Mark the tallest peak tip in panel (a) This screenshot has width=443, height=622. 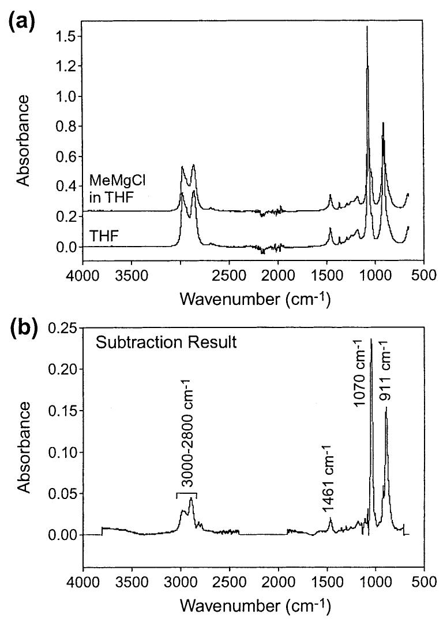(x=367, y=27)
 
